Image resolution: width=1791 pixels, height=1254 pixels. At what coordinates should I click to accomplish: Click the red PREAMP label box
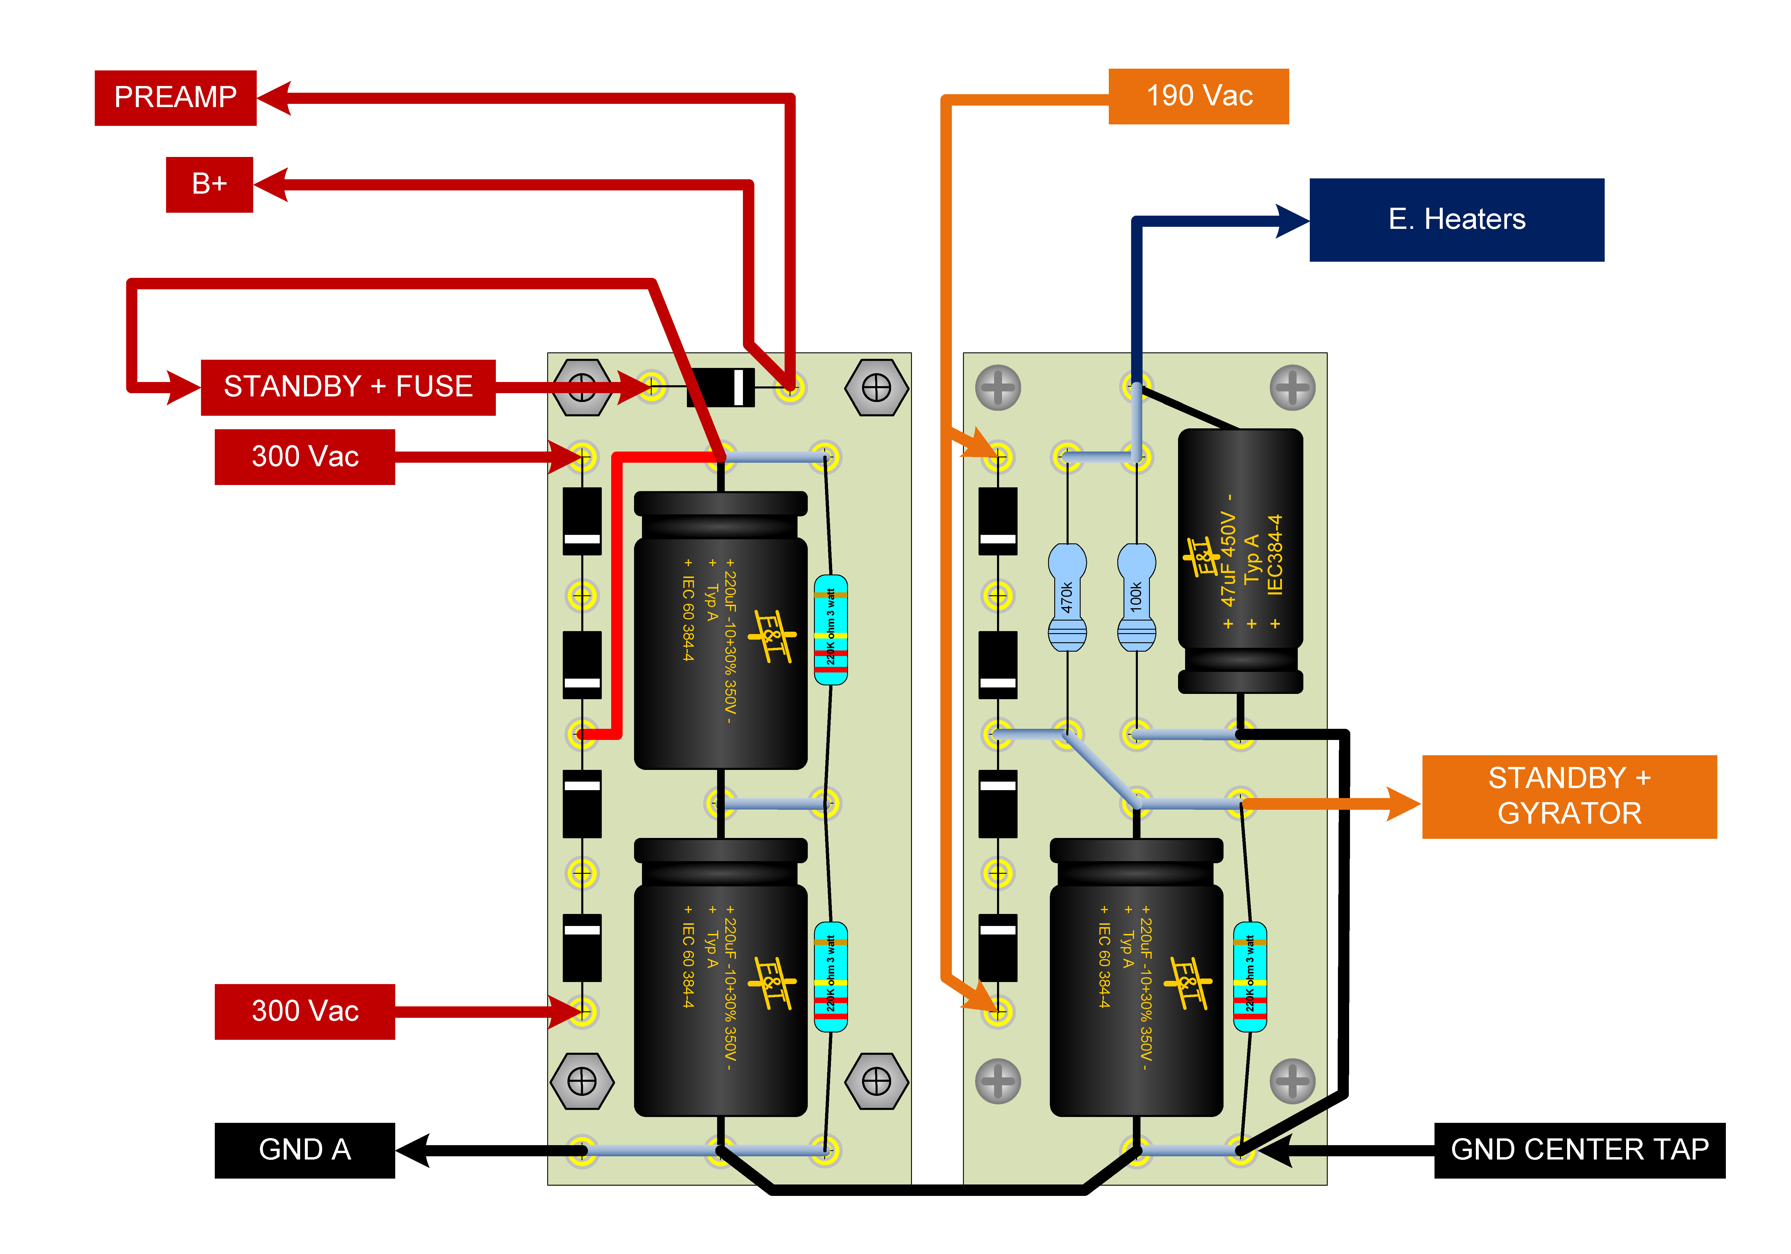(x=175, y=97)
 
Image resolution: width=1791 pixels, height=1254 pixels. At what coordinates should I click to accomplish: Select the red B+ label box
(x=209, y=184)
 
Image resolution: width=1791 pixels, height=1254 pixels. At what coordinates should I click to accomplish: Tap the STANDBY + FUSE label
(x=348, y=387)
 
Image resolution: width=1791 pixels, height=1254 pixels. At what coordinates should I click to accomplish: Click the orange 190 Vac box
(x=1198, y=96)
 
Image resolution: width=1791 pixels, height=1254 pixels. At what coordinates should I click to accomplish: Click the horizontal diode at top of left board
(x=721, y=387)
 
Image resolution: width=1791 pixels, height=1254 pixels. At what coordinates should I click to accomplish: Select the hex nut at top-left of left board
(x=582, y=387)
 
